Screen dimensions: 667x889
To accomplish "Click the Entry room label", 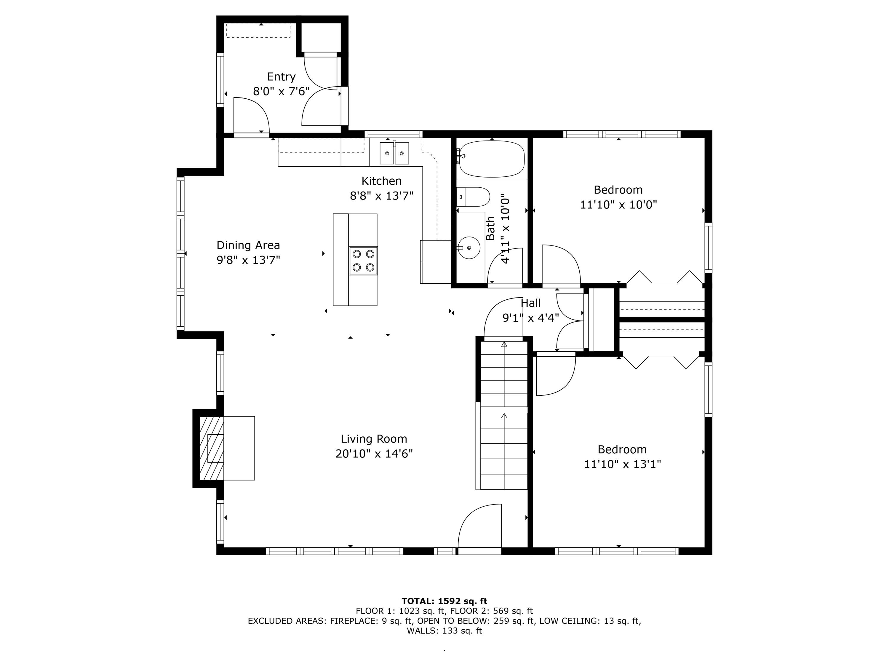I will click(281, 76).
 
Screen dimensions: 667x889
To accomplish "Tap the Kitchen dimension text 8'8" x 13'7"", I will click(381, 196).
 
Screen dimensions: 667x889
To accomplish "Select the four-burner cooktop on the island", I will click(363, 261).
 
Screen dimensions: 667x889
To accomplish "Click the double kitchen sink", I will click(394, 153).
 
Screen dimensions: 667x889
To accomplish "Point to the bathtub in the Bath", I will click(492, 159).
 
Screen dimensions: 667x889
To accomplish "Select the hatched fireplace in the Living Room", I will click(211, 448).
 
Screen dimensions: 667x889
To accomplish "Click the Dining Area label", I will click(248, 245).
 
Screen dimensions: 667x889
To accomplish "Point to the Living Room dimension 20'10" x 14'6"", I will click(374, 454).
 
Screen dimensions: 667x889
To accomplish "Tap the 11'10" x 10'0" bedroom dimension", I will click(618, 205).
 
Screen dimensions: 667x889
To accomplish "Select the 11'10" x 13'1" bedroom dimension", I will click(622, 464).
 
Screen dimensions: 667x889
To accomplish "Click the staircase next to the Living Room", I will click(504, 414).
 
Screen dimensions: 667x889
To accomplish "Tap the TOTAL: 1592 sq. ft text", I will click(444, 601).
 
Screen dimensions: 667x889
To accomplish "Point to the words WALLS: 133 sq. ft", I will click(444, 631).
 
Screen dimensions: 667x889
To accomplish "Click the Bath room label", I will click(490, 228).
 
